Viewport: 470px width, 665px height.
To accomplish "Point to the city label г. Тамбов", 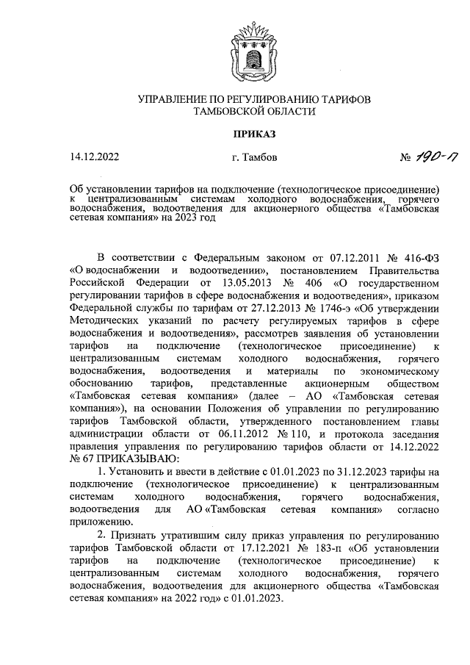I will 253,157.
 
